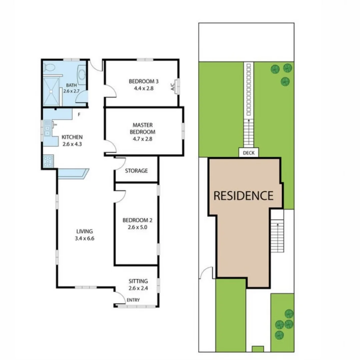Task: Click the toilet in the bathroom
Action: [x=50, y=68]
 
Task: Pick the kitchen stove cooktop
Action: [x=47, y=161]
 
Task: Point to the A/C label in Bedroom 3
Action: [x=173, y=87]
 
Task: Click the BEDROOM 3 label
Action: [x=143, y=81]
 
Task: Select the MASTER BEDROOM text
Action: [x=143, y=128]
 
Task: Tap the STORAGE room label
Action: [x=136, y=171]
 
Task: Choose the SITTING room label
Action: [x=138, y=281]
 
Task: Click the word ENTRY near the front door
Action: [x=133, y=300]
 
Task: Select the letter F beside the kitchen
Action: [x=79, y=115]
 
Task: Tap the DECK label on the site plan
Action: [x=248, y=153]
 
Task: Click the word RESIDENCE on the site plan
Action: [x=243, y=195]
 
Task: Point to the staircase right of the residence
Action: [x=277, y=237]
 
